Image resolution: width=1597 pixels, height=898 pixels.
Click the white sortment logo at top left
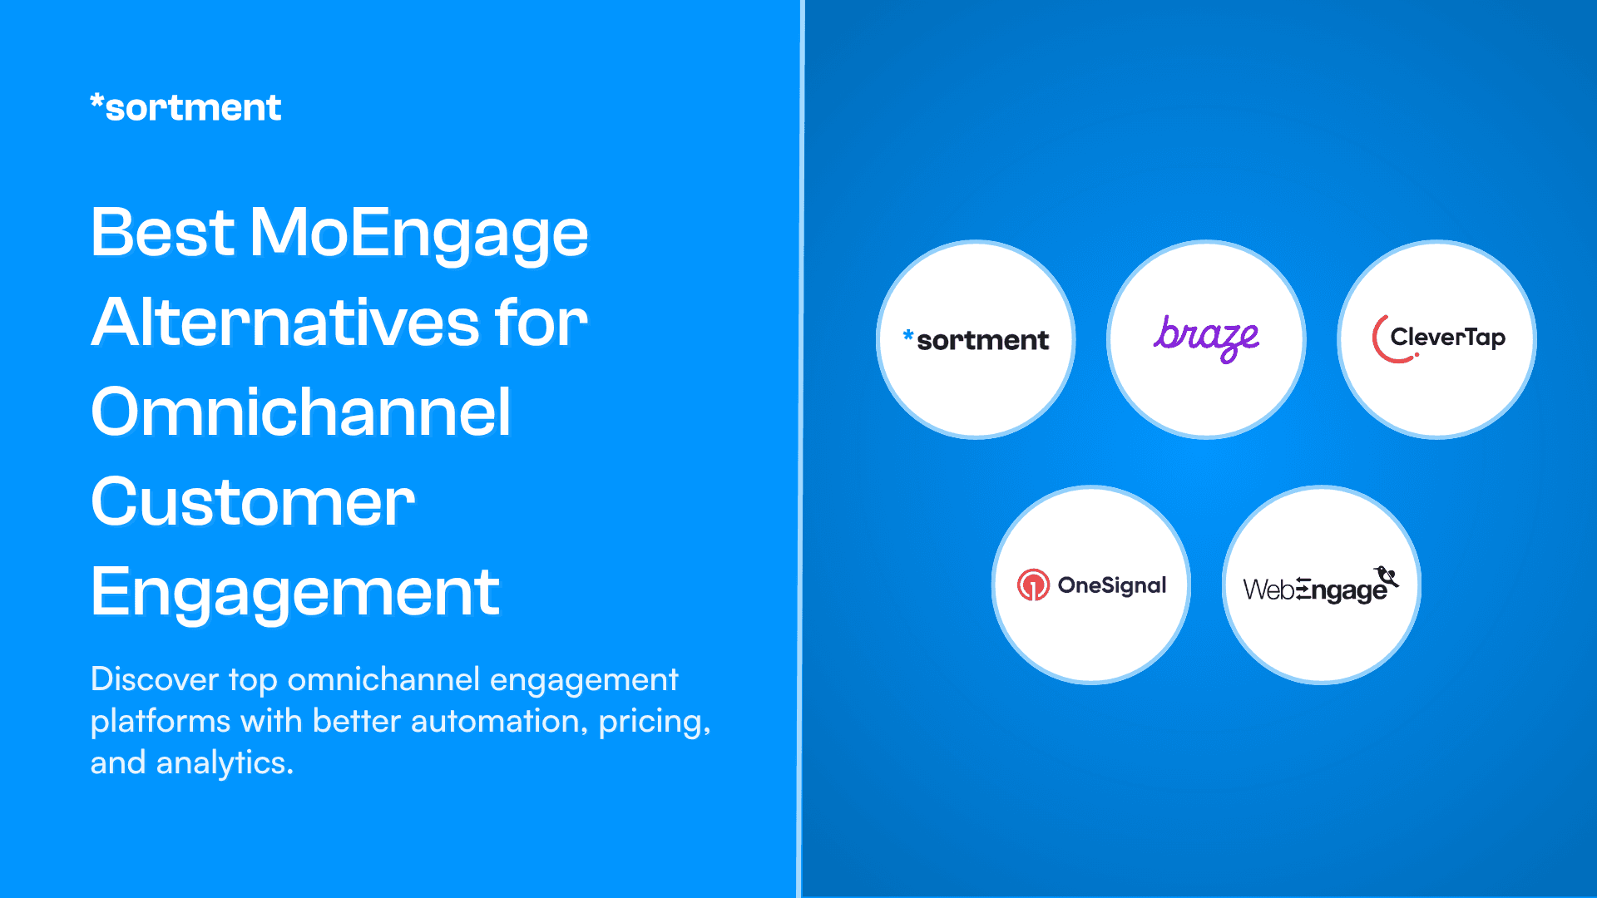[x=185, y=108]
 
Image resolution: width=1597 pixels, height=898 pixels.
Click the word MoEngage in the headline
[x=418, y=233]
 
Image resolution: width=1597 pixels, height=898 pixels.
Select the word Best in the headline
[x=162, y=233]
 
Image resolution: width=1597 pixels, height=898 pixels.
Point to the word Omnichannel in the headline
[x=300, y=412]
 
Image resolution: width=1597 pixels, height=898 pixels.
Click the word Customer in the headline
[x=253, y=502]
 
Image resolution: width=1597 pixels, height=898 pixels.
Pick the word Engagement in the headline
[x=295, y=592]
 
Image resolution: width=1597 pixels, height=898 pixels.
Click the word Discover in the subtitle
[x=155, y=679]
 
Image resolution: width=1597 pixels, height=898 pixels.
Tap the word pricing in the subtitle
[x=650, y=721]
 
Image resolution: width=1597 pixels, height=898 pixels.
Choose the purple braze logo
[x=1206, y=337]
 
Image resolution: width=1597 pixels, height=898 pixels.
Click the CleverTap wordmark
[x=1447, y=338]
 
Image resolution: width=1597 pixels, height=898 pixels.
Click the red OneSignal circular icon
[x=1033, y=585]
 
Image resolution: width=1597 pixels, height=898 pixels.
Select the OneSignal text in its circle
[x=1112, y=585]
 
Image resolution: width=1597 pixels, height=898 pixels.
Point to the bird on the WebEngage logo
[x=1387, y=575]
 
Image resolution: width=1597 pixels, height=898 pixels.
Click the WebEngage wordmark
[x=1314, y=590]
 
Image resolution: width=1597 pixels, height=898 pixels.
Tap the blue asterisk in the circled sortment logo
[x=908, y=334]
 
